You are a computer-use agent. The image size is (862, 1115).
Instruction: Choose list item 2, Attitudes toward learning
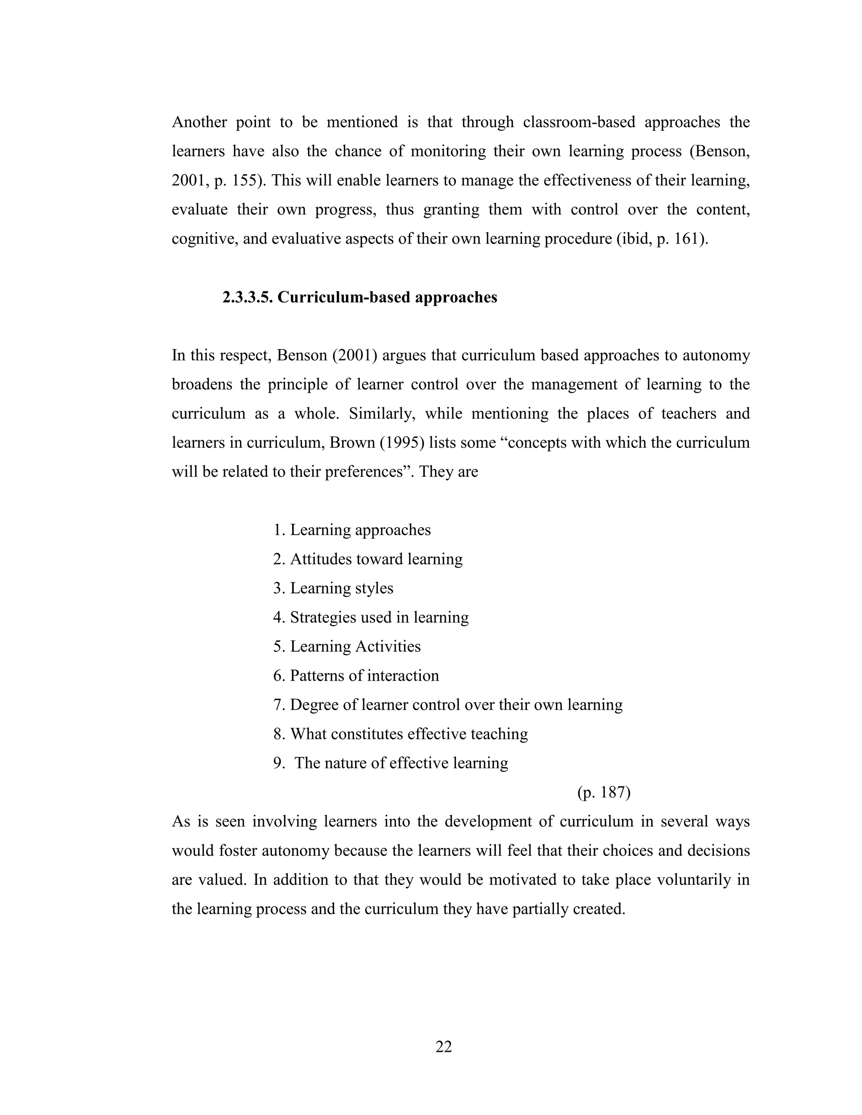point(368,559)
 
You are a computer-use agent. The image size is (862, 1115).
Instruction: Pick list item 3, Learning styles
point(333,588)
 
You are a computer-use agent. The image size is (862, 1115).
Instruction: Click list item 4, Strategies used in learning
point(371,617)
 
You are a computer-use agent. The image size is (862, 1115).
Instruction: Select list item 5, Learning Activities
point(347,646)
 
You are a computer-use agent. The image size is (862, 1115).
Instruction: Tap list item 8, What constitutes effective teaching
point(400,734)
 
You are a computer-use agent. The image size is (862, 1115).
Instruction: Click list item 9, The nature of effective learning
point(391,763)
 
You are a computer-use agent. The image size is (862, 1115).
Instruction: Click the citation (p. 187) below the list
point(604,792)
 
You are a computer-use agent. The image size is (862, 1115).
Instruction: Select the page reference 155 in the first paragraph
point(244,180)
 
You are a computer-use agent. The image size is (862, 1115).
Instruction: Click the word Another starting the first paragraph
point(199,122)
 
